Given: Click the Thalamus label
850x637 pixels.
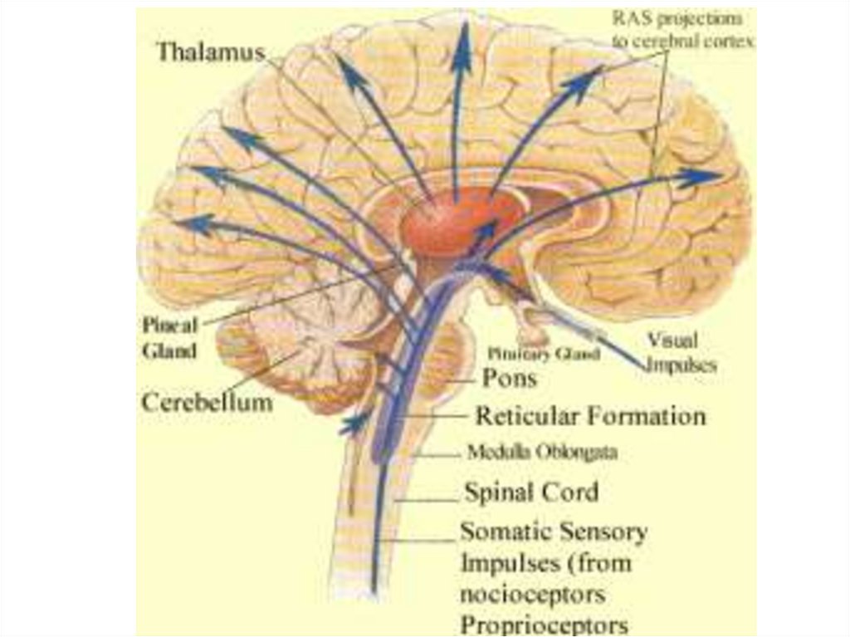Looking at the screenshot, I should pos(210,51).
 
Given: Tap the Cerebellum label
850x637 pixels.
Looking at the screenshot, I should pos(207,403).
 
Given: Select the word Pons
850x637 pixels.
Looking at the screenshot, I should pos(510,379).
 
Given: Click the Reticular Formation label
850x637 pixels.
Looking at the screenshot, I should pos(590,415).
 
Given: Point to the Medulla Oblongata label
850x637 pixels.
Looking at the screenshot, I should pos(542,453).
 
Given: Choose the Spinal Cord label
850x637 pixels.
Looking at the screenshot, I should pos(530,492).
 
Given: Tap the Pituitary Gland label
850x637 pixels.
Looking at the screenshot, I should pos(544,354).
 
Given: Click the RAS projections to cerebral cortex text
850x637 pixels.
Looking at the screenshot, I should pos(682,30).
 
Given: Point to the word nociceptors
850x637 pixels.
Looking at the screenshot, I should pos(532,595).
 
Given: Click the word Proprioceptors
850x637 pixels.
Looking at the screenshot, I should pos(544,624).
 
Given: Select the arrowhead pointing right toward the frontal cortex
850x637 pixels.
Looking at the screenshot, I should pos(706,175).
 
